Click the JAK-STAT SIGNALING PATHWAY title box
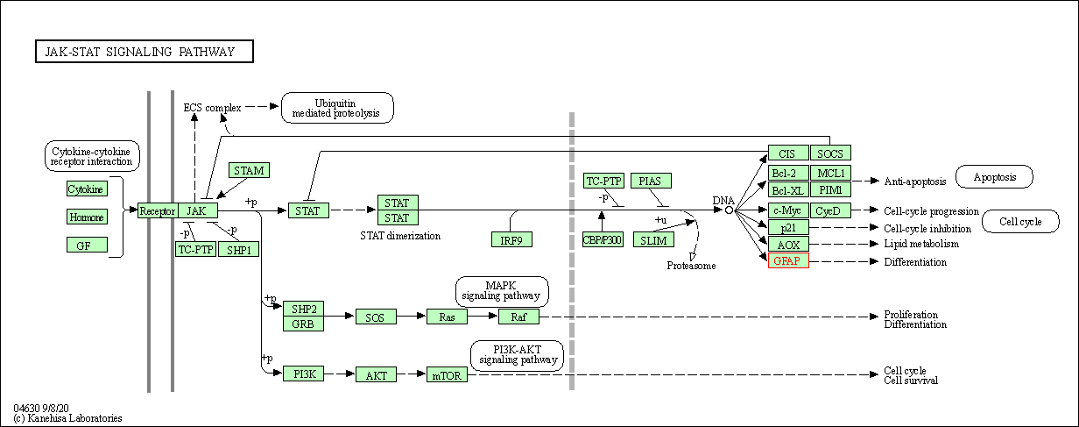tap(144, 52)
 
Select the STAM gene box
tap(249, 170)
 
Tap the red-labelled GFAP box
tap(788, 261)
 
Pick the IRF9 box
tap(512, 239)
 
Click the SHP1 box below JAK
tap(238, 249)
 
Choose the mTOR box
tap(448, 374)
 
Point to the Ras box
tap(448, 317)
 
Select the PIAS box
tap(651, 181)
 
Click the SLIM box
tap(653, 239)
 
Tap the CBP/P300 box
tap(603, 239)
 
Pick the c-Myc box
tap(788, 210)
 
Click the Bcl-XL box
tap(788, 190)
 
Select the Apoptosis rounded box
tap(994, 177)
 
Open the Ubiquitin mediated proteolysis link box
tap(337, 108)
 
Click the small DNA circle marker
tap(729, 210)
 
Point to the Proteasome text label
tap(692, 265)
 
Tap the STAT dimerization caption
tap(400, 236)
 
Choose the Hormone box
tap(87, 217)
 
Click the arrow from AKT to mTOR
tap(412, 374)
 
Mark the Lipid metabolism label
tap(921, 244)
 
